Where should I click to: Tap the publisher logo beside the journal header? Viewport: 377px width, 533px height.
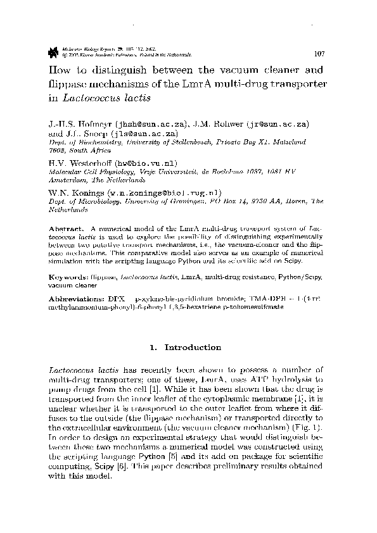pos(53,49)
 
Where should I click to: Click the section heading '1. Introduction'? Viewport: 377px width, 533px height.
pos(188,348)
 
